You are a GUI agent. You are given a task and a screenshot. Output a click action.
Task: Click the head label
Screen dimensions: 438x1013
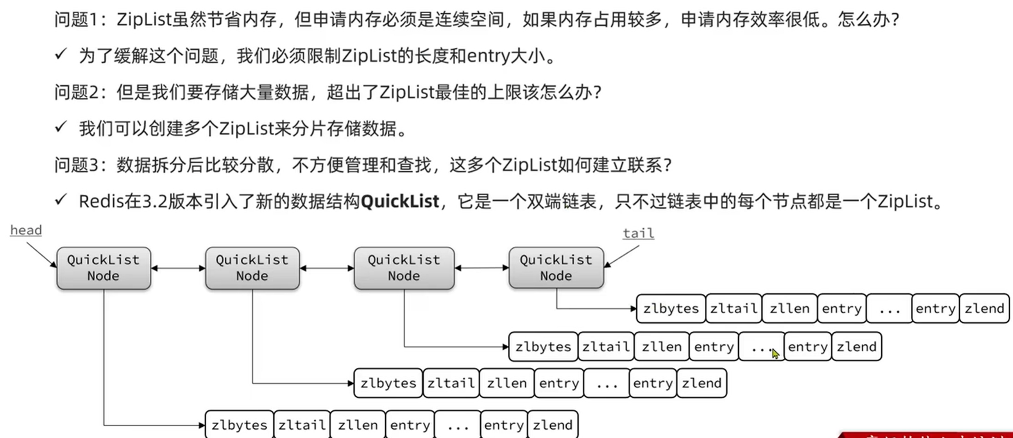coord(26,231)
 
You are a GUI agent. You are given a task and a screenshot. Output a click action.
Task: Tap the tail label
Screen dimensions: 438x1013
coord(638,233)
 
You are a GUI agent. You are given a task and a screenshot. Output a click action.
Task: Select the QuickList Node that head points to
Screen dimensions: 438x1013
coord(104,268)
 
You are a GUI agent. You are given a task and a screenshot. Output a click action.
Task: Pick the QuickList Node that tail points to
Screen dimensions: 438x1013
coord(556,268)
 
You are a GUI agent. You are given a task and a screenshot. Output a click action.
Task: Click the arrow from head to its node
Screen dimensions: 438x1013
coord(41,255)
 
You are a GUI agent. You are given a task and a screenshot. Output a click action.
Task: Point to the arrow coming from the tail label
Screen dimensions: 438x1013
coord(622,257)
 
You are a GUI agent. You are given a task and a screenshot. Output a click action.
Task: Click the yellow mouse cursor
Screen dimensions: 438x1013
coord(775,353)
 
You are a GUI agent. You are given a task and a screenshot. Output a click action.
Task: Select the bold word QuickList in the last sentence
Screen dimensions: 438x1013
coord(400,202)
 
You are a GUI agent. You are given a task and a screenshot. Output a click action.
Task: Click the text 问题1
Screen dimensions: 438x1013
coord(75,20)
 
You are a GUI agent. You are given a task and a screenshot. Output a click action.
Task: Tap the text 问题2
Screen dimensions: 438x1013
coord(75,92)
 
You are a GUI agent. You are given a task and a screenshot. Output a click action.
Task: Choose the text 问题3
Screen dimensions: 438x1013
coord(75,165)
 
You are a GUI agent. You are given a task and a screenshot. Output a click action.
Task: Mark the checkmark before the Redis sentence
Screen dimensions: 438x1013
coord(61,200)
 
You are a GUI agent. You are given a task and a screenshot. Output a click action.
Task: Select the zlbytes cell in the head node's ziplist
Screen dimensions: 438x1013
coord(239,425)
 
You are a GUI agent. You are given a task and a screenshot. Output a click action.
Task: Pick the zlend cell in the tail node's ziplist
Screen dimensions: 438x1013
coord(984,308)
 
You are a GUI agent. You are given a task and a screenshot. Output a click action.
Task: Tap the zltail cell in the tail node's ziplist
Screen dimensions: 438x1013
coord(733,308)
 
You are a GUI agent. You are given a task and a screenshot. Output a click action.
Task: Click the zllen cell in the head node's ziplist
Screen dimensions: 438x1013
coord(357,425)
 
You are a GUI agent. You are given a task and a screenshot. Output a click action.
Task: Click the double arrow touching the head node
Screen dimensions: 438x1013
coord(178,268)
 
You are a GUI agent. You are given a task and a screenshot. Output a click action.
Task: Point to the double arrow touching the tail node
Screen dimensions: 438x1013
coord(481,268)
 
